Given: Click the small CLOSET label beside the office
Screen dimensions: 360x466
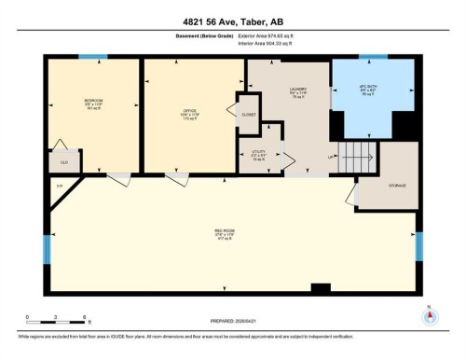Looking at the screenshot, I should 248,116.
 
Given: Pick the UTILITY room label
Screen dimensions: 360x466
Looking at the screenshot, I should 259,156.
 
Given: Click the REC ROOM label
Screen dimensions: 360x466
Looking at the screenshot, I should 224,234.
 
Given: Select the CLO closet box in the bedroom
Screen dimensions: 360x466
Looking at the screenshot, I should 63,161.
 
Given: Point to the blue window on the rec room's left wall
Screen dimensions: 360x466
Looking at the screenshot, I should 46,247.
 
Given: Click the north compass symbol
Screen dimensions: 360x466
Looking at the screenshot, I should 430,317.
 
